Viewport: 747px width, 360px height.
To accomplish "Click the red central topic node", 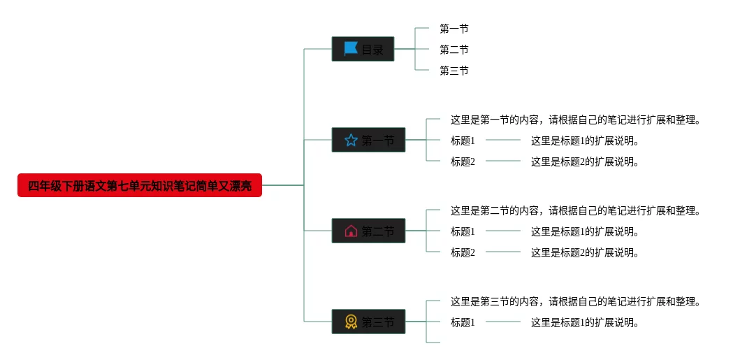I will pyautogui.click(x=140, y=185).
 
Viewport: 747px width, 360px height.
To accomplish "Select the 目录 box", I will pyautogui.click(x=363, y=49).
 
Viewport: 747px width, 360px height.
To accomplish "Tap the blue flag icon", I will pyautogui.click(x=351, y=49).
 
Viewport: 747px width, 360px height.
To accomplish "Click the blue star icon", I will pyautogui.click(x=351, y=141).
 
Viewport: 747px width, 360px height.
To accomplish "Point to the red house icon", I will pyautogui.click(x=351, y=231).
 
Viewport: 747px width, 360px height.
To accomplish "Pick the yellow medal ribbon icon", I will pyautogui.click(x=351, y=322).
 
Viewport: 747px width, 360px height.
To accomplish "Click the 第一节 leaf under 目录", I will pyautogui.click(x=454, y=29).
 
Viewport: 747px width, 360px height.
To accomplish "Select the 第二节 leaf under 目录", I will pyautogui.click(x=454, y=50).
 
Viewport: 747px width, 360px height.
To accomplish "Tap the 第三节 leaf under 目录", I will pyautogui.click(x=454, y=71).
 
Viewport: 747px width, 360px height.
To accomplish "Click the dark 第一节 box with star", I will pyautogui.click(x=368, y=141).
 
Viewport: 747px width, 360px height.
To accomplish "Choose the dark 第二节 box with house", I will pyautogui.click(x=368, y=231).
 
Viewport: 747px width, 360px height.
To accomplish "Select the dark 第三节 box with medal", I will pyautogui.click(x=368, y=322).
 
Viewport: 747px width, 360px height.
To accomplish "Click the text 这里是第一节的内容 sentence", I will pyautogui.click(x=575, y=120).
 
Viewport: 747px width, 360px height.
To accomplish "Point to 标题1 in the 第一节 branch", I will pyautogui.click(x=463, y=141).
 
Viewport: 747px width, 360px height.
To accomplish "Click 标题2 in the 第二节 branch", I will pyautogui.click(x=463, y=252).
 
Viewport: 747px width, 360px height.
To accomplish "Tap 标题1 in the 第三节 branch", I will pyautogui.click(x=463, y=322).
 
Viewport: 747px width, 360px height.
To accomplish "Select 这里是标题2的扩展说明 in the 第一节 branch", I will pyautogui.click(x=585, y=161).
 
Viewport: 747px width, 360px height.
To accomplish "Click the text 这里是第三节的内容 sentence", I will pyautogui.click(x=575, y=301).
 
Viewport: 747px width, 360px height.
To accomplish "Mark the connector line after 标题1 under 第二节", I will pyautogui.click(x=503, y=231).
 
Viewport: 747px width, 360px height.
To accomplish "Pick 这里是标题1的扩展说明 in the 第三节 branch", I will pyautogui.click(x=585, y=322).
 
